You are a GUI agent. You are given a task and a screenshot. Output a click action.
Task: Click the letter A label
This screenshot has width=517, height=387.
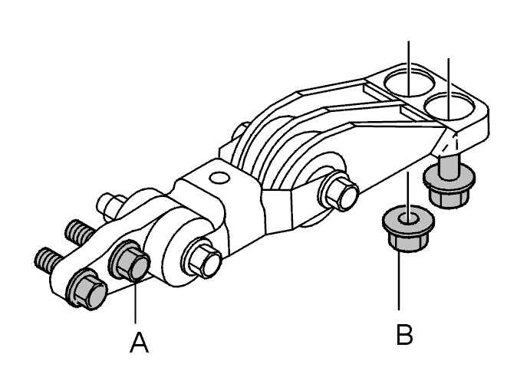[x=139, y=343]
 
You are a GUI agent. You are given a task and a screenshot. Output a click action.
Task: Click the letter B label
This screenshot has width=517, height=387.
[x=404, y=335]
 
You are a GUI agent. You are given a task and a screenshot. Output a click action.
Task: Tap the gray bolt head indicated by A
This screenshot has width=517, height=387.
[x=129, y=261]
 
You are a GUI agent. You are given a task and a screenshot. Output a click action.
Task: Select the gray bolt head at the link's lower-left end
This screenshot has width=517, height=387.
[x=87, y=288]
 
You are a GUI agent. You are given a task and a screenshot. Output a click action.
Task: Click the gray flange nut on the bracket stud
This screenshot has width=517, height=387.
[x=449, y=186]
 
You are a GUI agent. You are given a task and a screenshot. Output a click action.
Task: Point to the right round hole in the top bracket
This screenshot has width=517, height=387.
[x=449, y=106]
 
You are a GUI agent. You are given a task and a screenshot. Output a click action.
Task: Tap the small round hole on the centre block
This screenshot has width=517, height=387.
[x=219, y=178]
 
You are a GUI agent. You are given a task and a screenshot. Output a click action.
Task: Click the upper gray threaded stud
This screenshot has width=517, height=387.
[x=79, y=231]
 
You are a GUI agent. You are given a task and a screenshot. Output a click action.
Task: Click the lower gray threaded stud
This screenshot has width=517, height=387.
[x=49, y=260]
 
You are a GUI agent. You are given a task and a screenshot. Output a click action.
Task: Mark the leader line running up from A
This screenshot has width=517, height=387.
[x=135, y=300]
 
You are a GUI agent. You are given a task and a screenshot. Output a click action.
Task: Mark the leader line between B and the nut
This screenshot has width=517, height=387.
[x=399, y=280]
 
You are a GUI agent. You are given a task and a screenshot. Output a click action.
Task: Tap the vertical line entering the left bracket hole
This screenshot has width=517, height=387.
[x=409, y=68]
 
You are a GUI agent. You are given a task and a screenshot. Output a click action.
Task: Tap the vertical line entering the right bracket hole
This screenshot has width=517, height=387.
[x=448, y=88]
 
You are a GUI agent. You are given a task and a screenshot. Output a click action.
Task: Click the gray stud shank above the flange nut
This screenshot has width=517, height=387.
[x=449, y=166]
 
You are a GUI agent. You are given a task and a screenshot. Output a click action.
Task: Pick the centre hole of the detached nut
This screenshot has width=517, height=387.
[x=408, y=218]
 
